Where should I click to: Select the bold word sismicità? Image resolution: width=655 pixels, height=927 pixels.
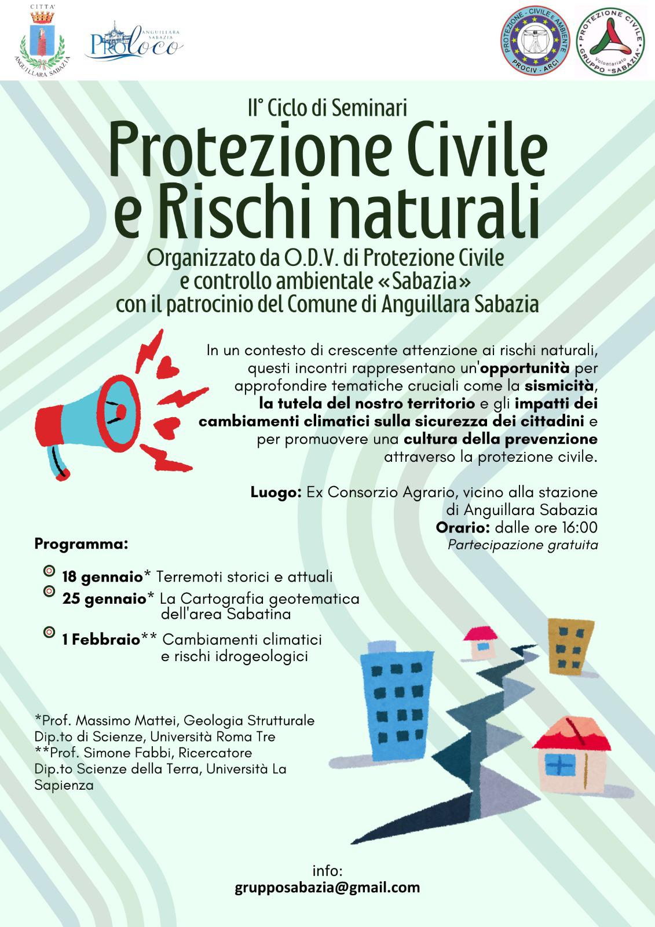[559, 385]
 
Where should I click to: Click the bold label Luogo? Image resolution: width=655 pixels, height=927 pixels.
[276, 493]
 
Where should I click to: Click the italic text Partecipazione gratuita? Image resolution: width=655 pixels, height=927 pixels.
[522, 545]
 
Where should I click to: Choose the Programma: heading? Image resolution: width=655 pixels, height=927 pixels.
[80, 545]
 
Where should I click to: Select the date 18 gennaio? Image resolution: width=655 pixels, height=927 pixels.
[103, 577]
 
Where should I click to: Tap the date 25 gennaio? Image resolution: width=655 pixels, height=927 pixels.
[104, 598]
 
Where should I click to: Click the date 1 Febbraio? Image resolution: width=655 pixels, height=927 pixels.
[101, 640]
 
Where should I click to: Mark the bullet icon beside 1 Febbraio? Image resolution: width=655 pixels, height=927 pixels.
[49, 632]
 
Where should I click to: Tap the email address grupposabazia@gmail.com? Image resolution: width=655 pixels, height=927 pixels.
[327, 887]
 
